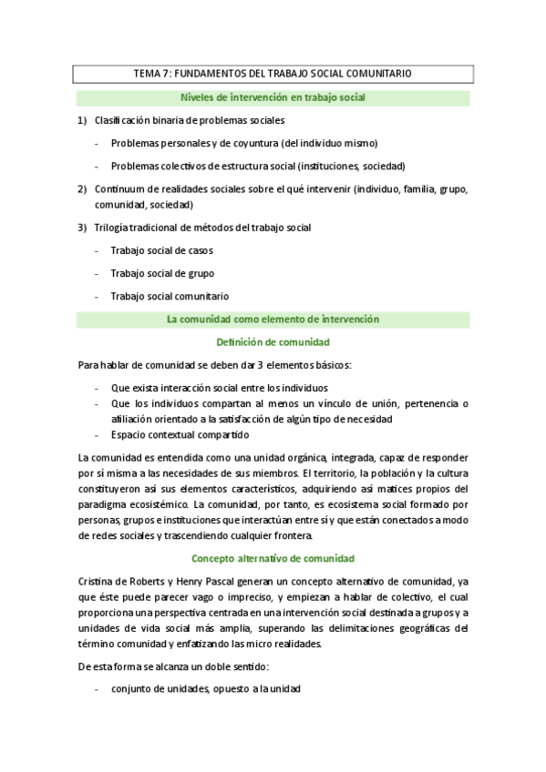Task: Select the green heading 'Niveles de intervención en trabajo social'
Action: point(273,96)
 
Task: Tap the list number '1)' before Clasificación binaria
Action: point(82,120)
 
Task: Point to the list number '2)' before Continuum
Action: point(82,189)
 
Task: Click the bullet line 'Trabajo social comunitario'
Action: point(170,296)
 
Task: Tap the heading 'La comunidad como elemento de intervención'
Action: point(273,320)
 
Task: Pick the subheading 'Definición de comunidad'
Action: point(273,342)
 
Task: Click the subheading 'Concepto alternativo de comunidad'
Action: point(273,557)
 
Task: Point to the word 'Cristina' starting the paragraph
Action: point(98,581)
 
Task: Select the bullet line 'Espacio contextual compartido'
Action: point(179,434)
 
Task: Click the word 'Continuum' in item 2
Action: point(119,189)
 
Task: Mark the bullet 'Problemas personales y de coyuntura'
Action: point(243,143)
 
